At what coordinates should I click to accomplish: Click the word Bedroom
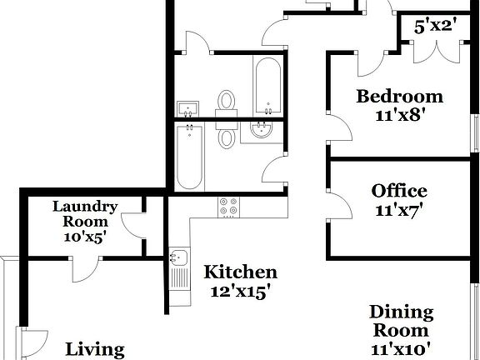pos(399,96)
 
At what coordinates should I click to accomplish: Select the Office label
pos(399,192)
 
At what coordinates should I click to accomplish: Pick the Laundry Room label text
pos(85,214)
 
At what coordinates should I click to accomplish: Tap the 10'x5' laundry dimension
pos(85,237)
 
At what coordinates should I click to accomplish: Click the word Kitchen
pos(241,272)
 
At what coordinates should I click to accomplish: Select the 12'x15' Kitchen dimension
pos(241,292)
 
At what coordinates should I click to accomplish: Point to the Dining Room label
pos(402,322)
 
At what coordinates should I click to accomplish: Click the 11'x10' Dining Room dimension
pos(402,349)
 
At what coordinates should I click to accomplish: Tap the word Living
pos(95,350)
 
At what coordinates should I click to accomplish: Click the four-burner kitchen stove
pos(228,206)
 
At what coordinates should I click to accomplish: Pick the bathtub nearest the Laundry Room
pos(189,156)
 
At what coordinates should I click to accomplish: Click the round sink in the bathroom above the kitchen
pos(261,129)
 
